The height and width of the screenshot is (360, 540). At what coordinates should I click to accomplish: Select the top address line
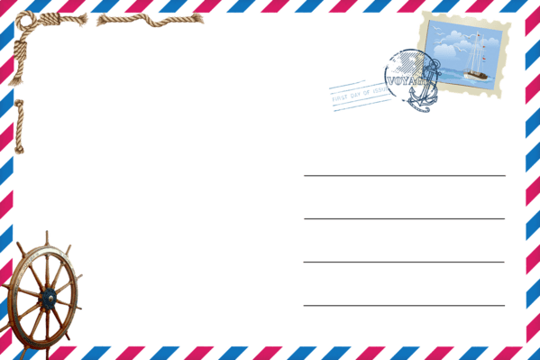click(x=404, y=175)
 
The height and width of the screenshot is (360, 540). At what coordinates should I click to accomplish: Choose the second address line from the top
click(x=404, y=218)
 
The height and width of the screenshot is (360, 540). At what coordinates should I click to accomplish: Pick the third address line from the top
click(x=404, y=262)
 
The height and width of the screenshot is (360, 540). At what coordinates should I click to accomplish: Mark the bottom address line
click(x=404, y=305)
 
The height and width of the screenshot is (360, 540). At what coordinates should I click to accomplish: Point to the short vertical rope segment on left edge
click(x=20, y=125)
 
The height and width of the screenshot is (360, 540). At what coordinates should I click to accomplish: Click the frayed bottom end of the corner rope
click(x=15, y=81)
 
